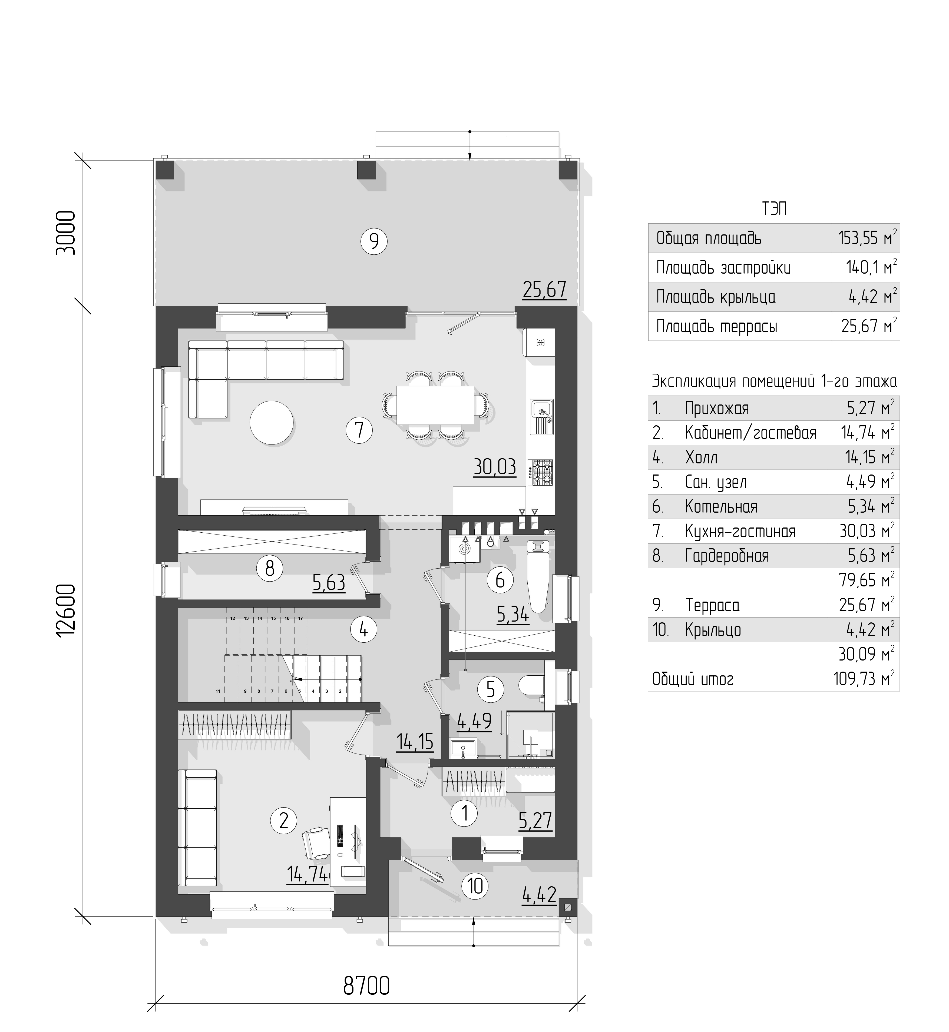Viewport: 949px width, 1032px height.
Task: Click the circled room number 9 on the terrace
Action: (374, 241)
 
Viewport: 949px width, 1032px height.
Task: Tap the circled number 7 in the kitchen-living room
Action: (359, 429)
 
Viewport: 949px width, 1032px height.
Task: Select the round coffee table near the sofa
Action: (272, 423)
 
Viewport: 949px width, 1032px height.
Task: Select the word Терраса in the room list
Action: (712, 605)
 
